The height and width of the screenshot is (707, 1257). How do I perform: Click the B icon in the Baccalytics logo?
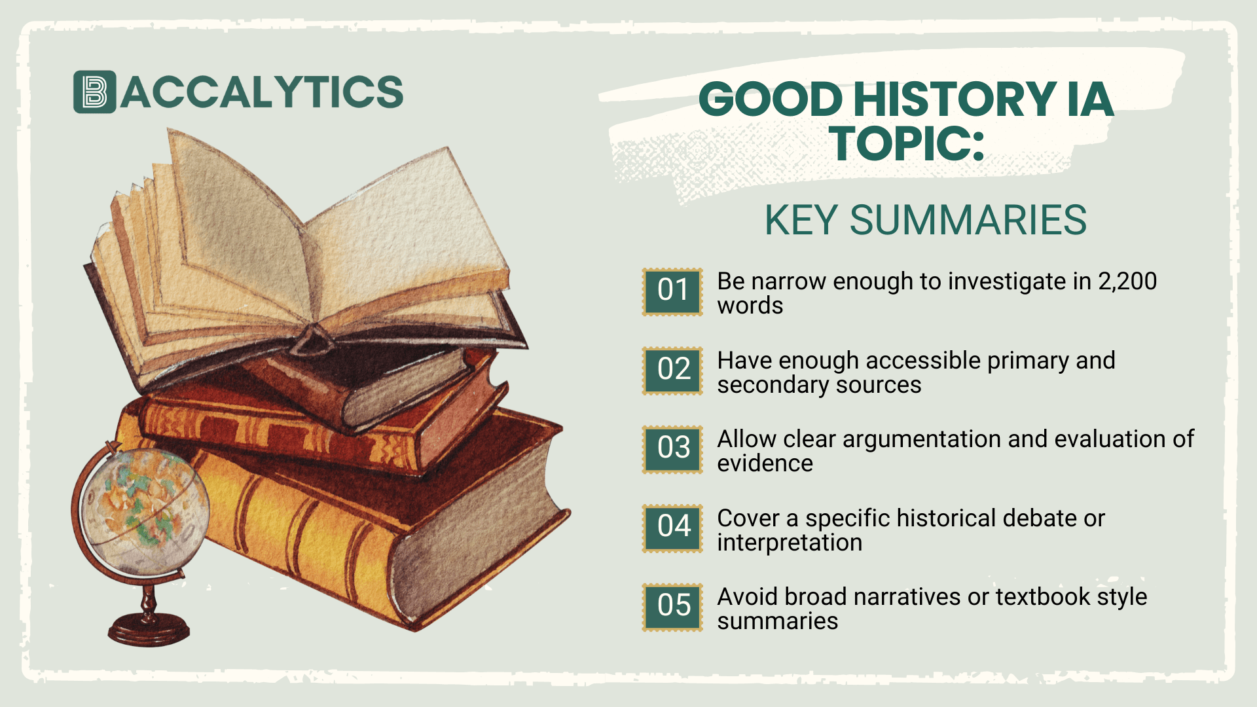coord(94,92)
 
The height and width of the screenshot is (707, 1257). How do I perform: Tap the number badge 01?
coord(672,291)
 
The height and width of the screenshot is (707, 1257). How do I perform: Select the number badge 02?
coord(672,371)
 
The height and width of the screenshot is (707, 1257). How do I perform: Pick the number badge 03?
coord(672,449)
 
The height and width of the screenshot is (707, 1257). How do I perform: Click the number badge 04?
coord(672,528)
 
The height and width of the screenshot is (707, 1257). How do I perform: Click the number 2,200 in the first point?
coord(1127,281)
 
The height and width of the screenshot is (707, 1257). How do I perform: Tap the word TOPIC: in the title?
coord(907,144)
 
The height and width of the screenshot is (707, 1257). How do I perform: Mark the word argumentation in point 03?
coord(922,440)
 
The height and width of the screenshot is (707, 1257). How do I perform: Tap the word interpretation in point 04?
coord(790,543)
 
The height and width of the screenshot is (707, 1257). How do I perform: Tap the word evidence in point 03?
coord(765,464)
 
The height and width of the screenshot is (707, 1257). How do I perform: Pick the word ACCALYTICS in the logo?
coord(262,92)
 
